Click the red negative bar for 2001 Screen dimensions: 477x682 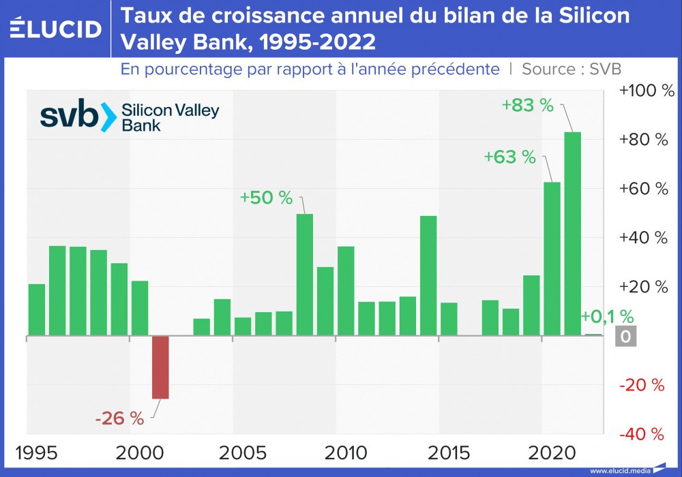[x=160, y=367]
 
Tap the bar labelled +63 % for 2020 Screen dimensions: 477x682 [x=552, y=259]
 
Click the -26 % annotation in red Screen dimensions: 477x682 [x=119, y=418]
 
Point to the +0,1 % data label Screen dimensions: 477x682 [x=607, y=316]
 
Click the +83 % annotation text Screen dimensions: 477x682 [x=527, y=106]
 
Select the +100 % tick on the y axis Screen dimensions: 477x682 [x=645, y=91]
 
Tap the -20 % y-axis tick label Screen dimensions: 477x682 [x=642, y=385]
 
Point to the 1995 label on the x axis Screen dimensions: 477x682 [x=35, y=452]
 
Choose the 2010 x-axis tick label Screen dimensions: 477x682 [x=347, y=452]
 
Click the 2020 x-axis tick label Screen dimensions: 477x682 [x=552, y=452]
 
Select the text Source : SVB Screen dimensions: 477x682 [x=572, y=69]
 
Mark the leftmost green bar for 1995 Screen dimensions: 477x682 [x=36, y=310]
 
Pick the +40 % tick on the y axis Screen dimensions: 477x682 [x=642, y=238]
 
